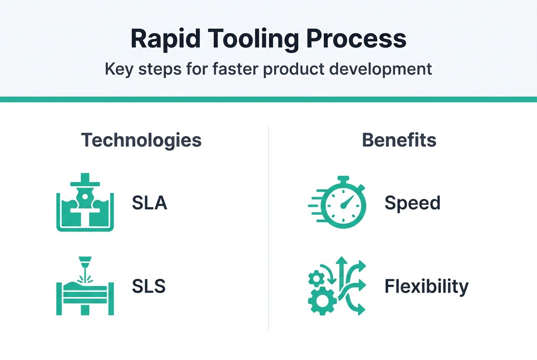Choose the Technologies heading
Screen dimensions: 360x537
pyautogui.click(x=141, y=140)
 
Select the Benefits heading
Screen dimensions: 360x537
pyautogui.click(x=399, y=140)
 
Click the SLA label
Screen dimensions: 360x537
pyautogui.click(x=150, y=203)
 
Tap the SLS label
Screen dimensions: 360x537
pyautogui.click(x=148, y=287)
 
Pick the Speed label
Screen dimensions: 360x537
pyautogui.click(x=412, y=203)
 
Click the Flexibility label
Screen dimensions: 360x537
pyautogui.click(x=426, y=287)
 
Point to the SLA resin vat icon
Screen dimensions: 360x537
pyautogui.click(x=85, y=202)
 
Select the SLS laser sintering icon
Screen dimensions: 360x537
pyautogui.click(x=85, y=286)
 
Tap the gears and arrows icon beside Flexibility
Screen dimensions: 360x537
pyautogui.click(x=336, y=286)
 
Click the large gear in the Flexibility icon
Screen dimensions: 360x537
pyautogui.click(x=322, y=300)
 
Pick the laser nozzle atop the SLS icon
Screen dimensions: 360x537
pyautogui.click(x=85, y=261)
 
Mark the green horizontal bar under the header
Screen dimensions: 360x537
pyautogui.click(x=268, y=99)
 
